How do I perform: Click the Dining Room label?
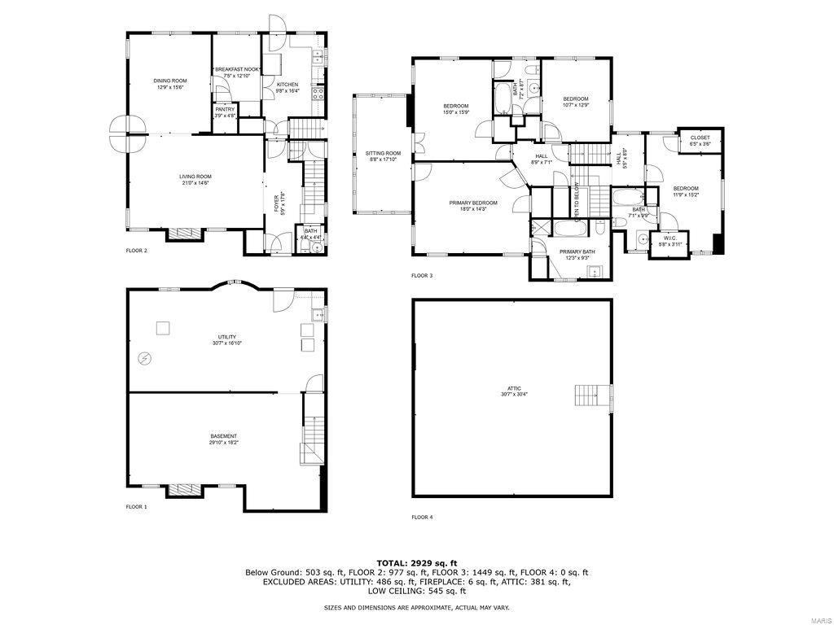pyautogui.click(x=170, y=84)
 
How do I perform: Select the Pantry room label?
pyautogui.click(x=225, y=112)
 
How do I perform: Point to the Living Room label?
pyautogui.click(x=195, y=180)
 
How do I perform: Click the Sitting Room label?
pyautogui.click(x=383, y=156)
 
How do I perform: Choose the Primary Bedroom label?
pyautogui.click(x=473, y=206)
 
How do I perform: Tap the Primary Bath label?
pyautogui.click(x=577, y=255)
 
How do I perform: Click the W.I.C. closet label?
pyautogui.click(x=669, y=242)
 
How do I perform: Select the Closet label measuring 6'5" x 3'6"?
pyautogui.click(x=700, y=141)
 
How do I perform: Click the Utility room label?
pyautogui.click(x=226, y=339)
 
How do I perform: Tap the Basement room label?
pyautogui.click(x=224, y=439)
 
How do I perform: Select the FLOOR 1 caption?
pyautogui.click(x=136, y=506)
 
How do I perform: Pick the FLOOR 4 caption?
pyautogui.click(x=422, y=517)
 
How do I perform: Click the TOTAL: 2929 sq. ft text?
pyautogui.click(x=416, y=562)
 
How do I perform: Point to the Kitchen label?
pyautogui.click(x=288, y=88)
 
